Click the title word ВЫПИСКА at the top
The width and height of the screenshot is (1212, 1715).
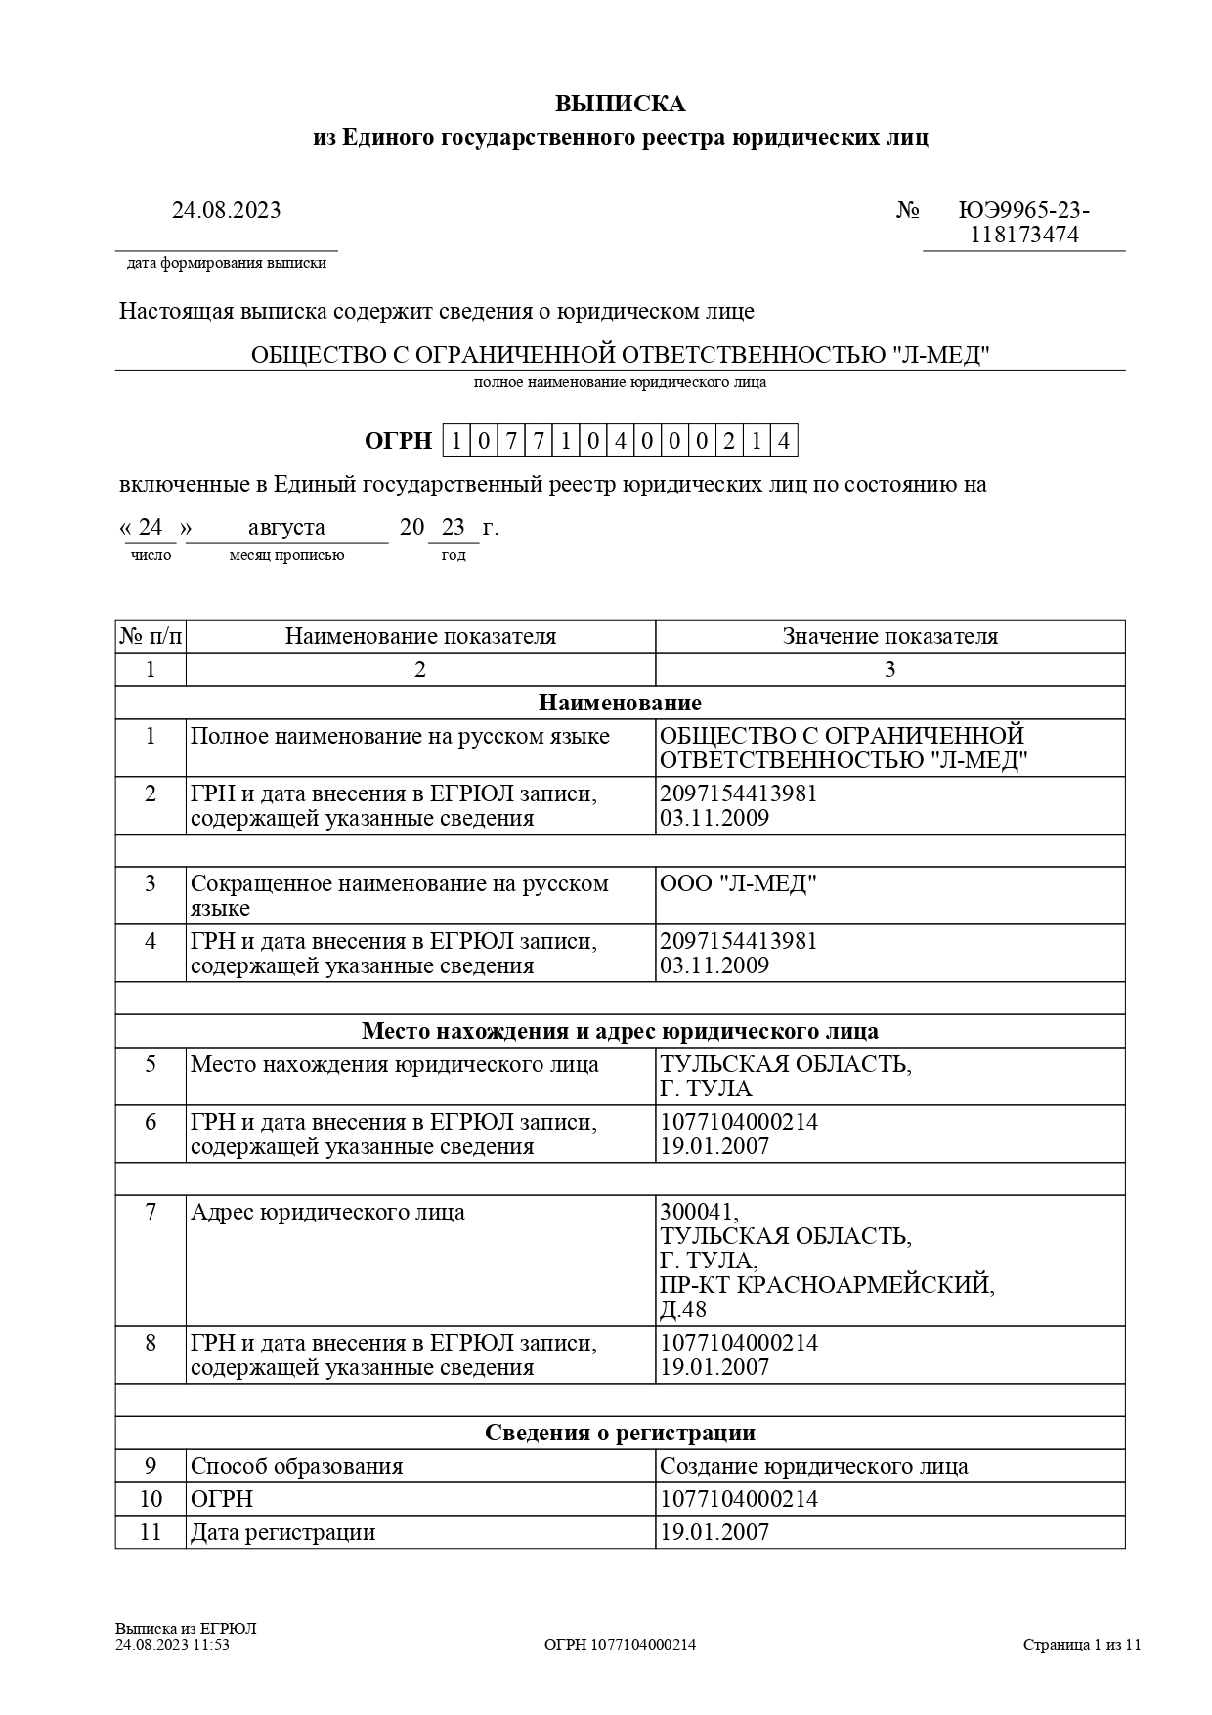[x=620, y=105]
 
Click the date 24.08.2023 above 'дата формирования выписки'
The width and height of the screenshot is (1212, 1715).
[x=226, y=210]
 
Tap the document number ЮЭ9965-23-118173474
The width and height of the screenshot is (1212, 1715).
[x=1023, y=223]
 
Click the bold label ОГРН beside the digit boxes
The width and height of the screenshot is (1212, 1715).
[x=398, y=441]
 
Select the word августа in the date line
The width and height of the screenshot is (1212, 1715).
[x=286, y=528]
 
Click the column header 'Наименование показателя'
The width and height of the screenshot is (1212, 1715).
[x=420, y=637]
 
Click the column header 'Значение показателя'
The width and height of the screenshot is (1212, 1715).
[x=889, y=637]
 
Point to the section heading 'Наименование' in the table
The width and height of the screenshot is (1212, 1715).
[x=620, y=703]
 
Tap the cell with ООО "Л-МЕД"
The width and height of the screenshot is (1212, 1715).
[x=738, y=883]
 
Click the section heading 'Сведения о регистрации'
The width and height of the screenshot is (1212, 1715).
[x=620, y=1433]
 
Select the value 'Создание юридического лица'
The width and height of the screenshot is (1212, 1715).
[x=814, y=1466]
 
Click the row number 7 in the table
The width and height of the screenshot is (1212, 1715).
[x=151, y=1213]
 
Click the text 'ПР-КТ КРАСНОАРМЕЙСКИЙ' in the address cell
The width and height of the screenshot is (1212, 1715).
[x=827, y=1285]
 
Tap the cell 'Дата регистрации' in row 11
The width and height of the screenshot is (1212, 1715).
[x=282, y=1532]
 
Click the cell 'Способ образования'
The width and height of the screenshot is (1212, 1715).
[x=296, y=1466]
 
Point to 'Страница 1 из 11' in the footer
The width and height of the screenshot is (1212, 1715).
[x=1082, y=1644]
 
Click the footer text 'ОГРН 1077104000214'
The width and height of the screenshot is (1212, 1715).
[x=620, y=1644]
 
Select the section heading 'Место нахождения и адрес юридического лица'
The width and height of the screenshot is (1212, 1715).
[x=620, y=1031]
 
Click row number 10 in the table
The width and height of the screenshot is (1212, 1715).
[x=151, y=1499]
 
